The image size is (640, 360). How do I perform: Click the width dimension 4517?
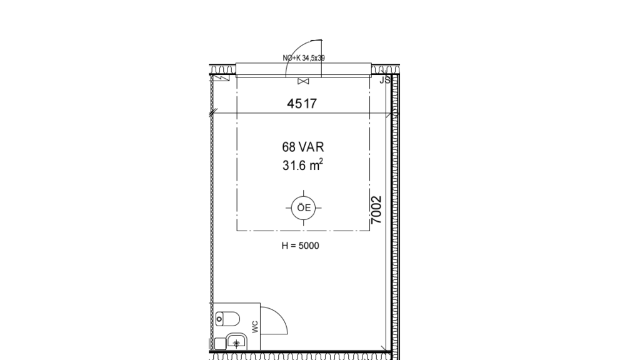(x=302, y=104)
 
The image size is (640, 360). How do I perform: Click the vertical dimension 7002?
(x=376, y=210)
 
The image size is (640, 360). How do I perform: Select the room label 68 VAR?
(x=303, y=147)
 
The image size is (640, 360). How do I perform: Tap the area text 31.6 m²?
(x=303, y=165)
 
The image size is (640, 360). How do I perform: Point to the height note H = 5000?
(x=301, y=246)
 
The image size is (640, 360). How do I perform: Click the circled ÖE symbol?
(x=303, y=207)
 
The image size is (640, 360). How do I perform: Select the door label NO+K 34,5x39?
(x=304, y=58)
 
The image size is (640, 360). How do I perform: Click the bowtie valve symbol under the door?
(x=303, y=81)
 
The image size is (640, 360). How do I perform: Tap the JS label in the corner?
(x=385, y=81)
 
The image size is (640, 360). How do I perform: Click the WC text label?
(x=255, y=327)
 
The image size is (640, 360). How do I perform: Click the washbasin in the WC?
(x=237, y=342)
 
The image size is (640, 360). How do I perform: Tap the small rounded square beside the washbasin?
(x=221, y=344)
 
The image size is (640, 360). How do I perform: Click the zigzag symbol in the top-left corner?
(x=221, y=77)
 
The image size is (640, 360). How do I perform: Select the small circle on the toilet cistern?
(x=219, y=319)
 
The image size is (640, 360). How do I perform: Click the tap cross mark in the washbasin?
(x=236, y=344)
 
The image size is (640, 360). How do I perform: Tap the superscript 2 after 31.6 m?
(x=321, y=161)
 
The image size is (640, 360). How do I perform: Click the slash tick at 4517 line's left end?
(x=212, y=114)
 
